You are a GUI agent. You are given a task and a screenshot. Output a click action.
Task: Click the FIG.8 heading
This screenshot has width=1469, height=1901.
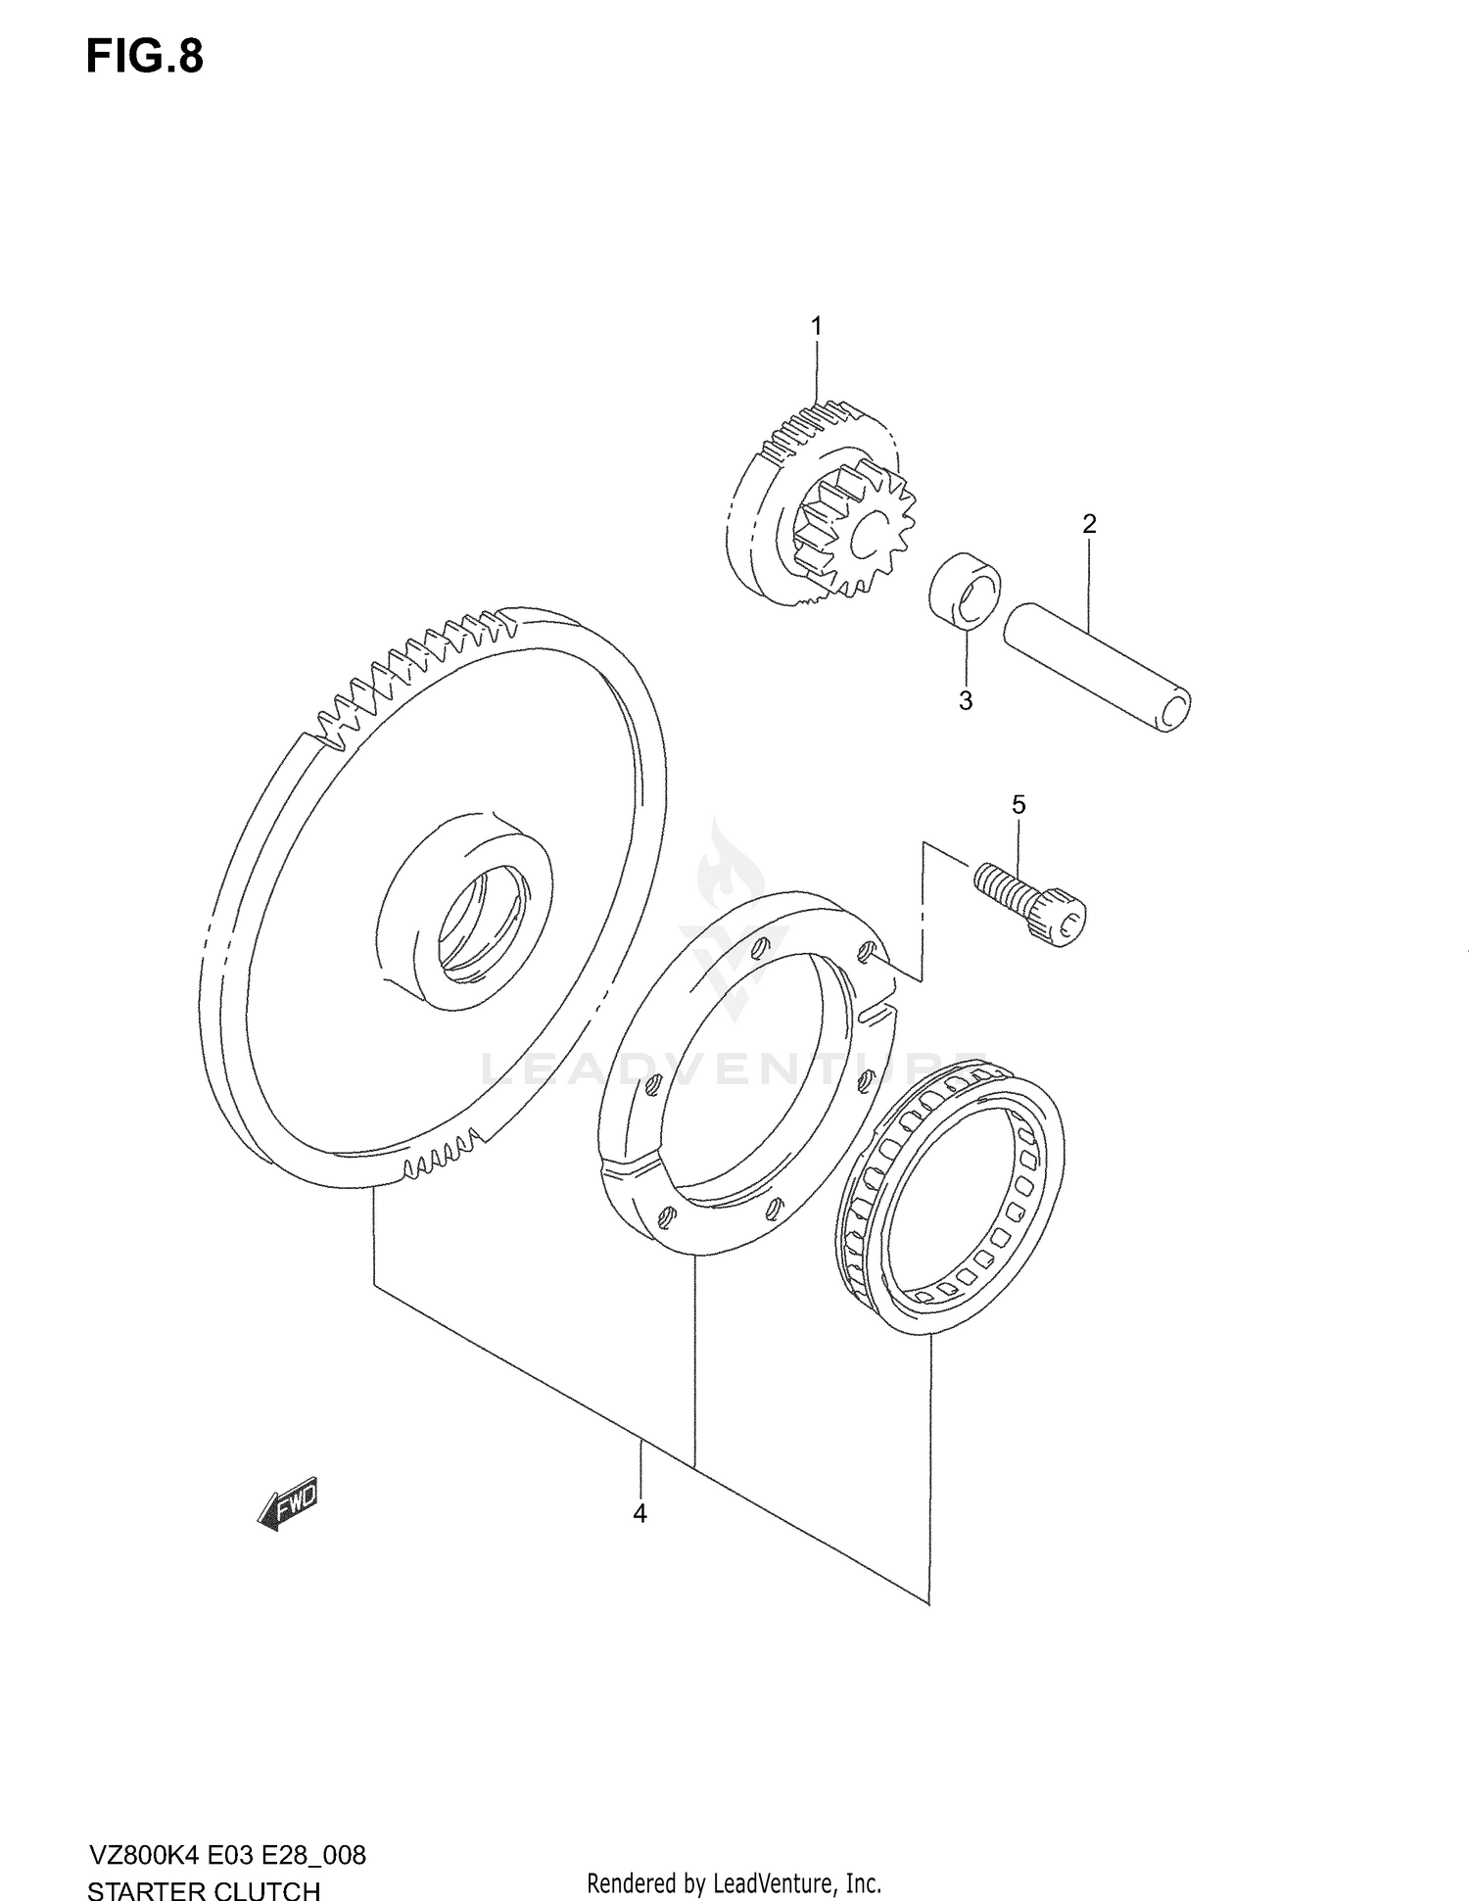tap(145, 57)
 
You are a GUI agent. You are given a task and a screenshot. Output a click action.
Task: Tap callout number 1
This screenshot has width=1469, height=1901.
tap(817, 326)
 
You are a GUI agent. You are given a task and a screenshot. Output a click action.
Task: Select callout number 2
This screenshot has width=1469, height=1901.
tap(1089, 524)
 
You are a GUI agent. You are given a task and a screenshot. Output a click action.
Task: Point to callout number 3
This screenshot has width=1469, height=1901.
tap(966, 701)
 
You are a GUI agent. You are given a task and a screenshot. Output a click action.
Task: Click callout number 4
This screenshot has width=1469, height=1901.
tap(640, 1513)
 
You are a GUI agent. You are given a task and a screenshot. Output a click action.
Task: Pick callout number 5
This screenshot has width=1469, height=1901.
tap(1019, 805)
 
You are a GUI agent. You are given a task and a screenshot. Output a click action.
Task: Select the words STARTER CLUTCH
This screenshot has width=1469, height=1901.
tap(204, 1865)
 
